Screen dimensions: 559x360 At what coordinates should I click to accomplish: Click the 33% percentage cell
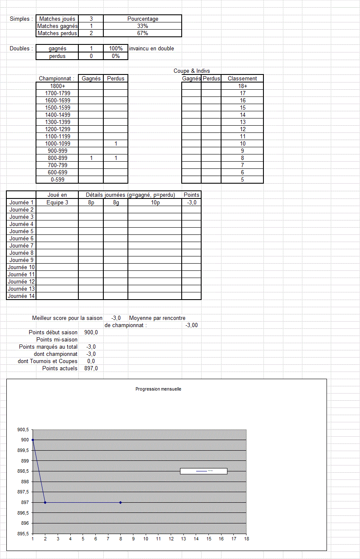pyautogui.click(x=142, y=26)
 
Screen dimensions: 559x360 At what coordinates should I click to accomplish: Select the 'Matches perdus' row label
pyautogui.click(x=57, y=33)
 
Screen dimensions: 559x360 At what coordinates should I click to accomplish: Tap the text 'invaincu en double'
pyautogui.click(x=152, y=49)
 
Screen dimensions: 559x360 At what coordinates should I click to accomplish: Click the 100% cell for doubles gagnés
pyautogui.click(x=116, y=49)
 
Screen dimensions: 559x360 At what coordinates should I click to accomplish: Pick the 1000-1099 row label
pyautogui.click(x=58, y=144)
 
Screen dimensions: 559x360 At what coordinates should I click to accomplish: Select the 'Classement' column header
pyautogui.click(x=242, y=79)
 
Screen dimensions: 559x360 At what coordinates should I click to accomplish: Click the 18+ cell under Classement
pyautogui.click(x=242, y=86)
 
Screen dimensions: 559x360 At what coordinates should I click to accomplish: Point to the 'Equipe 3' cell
pyautogui.click(x=57, y=203)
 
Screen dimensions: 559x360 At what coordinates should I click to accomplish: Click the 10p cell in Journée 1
pyautogui.click(x=155, y=203)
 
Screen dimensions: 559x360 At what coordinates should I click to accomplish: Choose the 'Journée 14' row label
pyautogui.click(x=21, y=296)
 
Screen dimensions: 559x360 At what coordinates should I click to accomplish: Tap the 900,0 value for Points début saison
pyautogui.click(x=91, y=333)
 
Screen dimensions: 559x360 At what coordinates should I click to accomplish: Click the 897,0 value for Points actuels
pyautogui.click(x=91, y=369)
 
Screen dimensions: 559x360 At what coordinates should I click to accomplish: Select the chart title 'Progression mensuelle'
pyautogui.click(x=158, y=389)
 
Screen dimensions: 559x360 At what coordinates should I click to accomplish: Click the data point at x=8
pyautogui.click(x=121, y=503)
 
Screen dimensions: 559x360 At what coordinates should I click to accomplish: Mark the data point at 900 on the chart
pyautogui.click(x=33, y=440)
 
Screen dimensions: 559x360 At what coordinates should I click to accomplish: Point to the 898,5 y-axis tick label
pyautogui.click(x=23, y=471)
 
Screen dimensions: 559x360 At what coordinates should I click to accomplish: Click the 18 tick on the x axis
pyautogui.click(x=246, y=539)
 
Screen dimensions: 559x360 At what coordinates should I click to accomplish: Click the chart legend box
pyautogui.click(x=204, y=471)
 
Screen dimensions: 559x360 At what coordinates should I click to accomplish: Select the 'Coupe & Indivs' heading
pyautogui.click(x=191, y=71)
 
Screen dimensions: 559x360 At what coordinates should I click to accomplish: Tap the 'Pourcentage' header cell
pyautogui.click(x=143, y=19)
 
